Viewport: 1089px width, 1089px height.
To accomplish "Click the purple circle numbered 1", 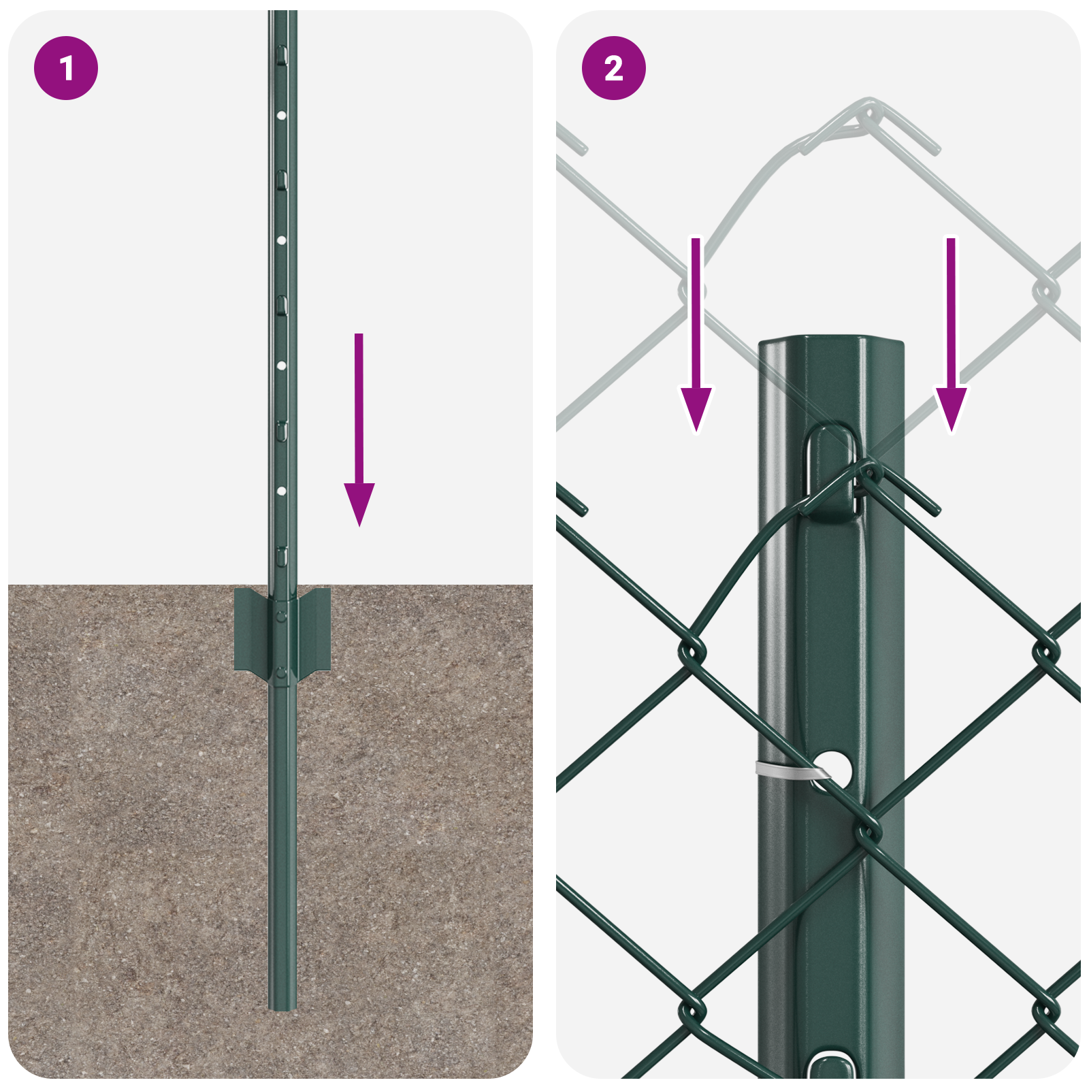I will [66, 68].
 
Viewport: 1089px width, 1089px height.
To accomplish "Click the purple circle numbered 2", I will [613, 68].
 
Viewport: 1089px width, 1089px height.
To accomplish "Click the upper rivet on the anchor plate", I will [281, 616].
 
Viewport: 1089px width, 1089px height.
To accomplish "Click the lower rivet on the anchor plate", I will [281, 674].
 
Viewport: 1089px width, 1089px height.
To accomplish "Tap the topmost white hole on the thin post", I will [281, 116].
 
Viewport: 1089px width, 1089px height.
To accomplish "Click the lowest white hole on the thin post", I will [281, 491].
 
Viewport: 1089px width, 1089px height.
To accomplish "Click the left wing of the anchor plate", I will [250, 630].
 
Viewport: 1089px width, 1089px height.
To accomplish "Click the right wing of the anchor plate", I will [314, 630].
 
